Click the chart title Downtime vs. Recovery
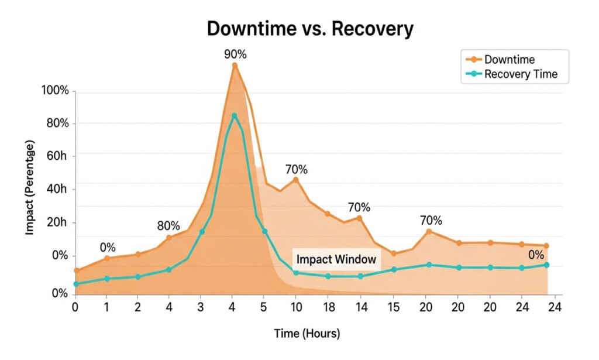pos(310,28)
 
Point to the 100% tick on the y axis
pos(55,91)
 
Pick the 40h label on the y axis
pos(57,189)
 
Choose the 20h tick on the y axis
pos(57,223)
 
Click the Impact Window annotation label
pos(336,259)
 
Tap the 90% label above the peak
pos(235,54)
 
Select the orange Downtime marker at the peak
pos(235,66)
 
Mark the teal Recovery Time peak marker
pos(235,116)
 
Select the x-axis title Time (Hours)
pos(307,334)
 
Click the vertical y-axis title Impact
pos(29,187)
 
